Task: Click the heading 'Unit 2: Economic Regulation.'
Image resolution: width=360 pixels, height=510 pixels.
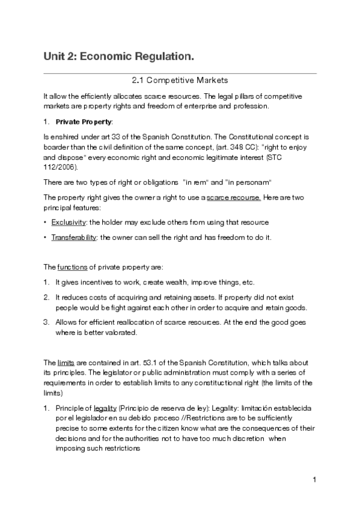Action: click(119, 57)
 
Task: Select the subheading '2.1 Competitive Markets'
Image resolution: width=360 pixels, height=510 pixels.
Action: click(180, 80)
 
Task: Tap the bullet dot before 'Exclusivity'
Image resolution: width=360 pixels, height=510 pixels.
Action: click(46, 222)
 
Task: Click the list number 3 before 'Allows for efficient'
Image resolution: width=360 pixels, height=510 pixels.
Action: click(46, 322)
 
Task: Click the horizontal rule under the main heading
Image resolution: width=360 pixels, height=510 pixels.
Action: click(180, 73)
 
